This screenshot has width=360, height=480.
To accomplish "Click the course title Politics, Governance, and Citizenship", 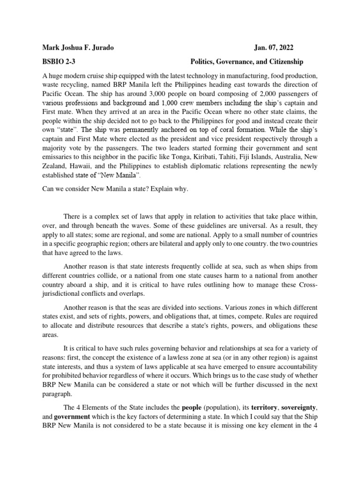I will (247, 61).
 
